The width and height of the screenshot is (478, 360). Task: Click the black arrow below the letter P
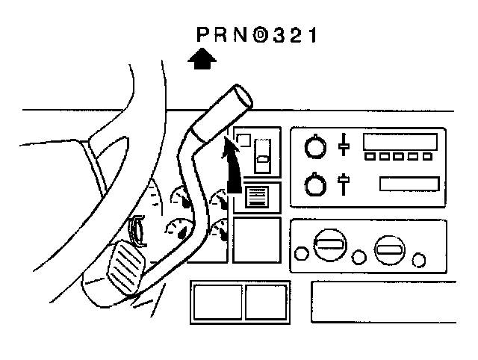pos(201,59)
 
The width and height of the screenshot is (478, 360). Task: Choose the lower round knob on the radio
pos(316,184)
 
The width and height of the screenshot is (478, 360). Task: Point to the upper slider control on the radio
pos(344,145)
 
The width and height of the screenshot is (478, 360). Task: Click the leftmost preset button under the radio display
pos(370,157)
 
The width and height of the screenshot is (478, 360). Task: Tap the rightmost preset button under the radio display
pos(426,157)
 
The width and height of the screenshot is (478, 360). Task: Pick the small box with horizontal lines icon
pos(257,196)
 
